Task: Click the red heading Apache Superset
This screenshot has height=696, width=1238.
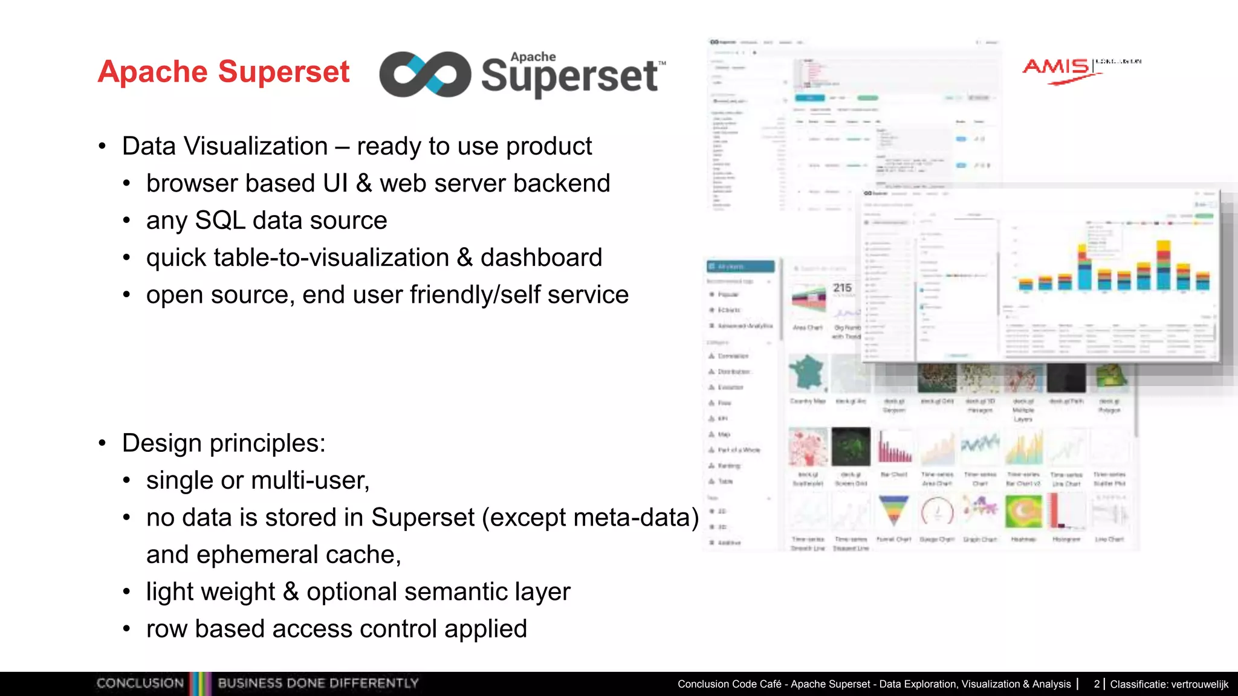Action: click(x=224, y=72)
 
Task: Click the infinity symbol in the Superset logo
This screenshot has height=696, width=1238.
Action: click(x=425, y=74)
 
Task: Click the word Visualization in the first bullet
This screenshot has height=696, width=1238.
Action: click(x=255, y=146)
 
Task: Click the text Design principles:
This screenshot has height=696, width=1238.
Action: click(x=224, y=443)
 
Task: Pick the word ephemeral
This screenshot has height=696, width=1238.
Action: click(x=256, y=555)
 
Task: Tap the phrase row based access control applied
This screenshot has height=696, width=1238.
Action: click(x=337, y=629)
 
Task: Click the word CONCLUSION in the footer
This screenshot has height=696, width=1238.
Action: click(x=140, y=683)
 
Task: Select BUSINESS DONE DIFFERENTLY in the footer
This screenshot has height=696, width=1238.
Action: click(x=318, y=683)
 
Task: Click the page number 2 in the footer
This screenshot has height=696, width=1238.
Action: click(x=1097, y=684)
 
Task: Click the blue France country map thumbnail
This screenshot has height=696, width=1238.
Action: click(x=808, y=372)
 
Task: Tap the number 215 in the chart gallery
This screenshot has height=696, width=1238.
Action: click(x=842, y=288)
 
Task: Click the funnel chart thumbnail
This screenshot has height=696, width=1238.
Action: click(x=893, y=511)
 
